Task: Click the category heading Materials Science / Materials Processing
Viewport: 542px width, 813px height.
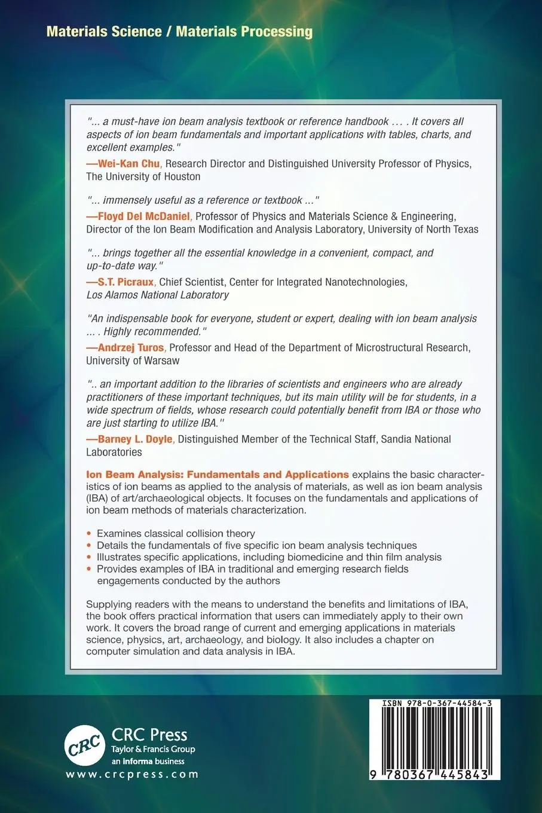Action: pyautogui.click(x=179, y=31)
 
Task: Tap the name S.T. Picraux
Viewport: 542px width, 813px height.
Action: pyautogui.click(x=122, y=282)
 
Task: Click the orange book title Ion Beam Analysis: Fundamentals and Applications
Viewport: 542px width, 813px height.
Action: pyautogui.click(x=218, y=475)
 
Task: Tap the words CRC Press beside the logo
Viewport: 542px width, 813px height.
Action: pyautogui.click(x=149, y=735)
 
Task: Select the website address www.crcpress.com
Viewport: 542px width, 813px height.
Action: pyautogui.click(x=132, y=774)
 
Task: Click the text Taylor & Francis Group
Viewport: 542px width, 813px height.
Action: pyautogui.click(x=153, y=749)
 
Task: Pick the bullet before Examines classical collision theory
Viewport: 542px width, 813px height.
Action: pyautogui.click(x=90, y=534)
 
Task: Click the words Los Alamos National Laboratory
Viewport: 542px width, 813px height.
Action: pyautogui.click(x=158, y=295)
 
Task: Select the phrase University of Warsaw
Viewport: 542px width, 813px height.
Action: pyautogui.click(x=133, y=360)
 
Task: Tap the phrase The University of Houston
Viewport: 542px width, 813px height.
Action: pyautogui.click(x=143, y=176)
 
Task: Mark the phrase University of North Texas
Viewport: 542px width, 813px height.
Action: pyautogui.click(x=423, y=229)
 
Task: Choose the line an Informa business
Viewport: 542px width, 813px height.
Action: pyautogui.click(x=148, y=761)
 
